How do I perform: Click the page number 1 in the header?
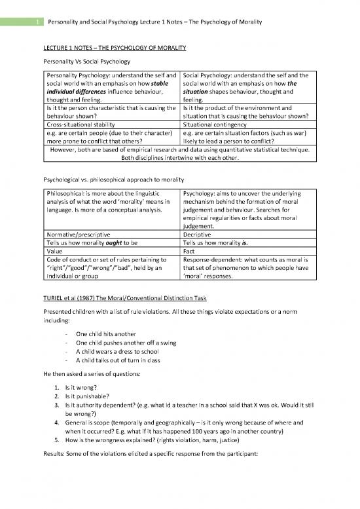tap(21, 22)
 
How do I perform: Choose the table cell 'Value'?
tap(54, 250)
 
